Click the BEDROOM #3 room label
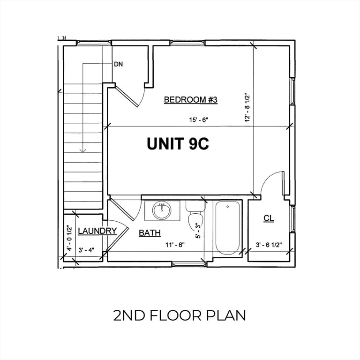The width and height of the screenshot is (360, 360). tap(191, 100)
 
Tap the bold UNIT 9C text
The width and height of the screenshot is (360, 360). tap(178, 144)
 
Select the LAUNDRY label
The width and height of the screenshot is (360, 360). tap(97, 231)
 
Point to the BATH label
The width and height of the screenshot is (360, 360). tap(150, 233)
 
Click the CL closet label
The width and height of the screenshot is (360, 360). tap(269, 218)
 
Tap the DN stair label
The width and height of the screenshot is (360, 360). tap(119, 64)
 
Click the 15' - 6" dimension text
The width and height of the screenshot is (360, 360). tap(199, 120)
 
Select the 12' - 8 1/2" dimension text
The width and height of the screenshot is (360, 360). tap(247, 107)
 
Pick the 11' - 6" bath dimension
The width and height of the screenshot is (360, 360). tap(175, 245)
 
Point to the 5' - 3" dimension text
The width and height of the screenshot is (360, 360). tap(198, 231)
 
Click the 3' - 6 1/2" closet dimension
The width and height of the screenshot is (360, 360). tap(269, 245)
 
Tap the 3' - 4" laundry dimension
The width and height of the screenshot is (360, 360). tap(86, 250)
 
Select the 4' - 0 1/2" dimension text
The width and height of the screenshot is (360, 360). tap(69, 238)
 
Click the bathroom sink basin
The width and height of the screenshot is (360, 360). tap(162, 210)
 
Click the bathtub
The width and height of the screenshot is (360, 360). tap(227, 228)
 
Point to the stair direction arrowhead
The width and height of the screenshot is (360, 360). tap(83, 151)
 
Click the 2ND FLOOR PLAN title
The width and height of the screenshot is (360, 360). tap(180, 315)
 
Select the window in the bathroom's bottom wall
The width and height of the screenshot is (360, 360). tap(189, 264)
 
